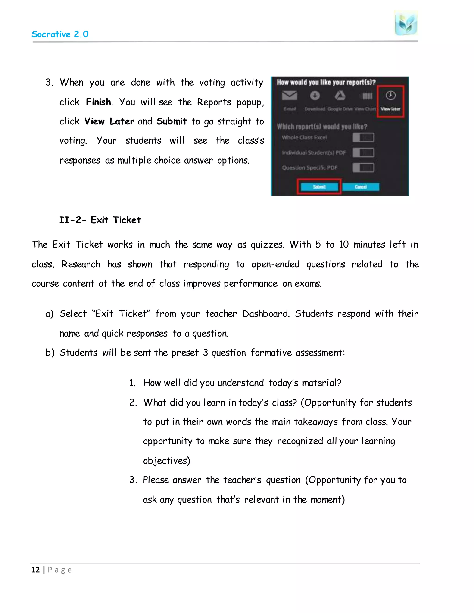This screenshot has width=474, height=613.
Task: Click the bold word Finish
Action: click(98, 102)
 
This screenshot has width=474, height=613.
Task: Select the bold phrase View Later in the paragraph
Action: click(109, 121)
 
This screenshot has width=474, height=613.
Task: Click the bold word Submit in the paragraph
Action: click(171, 121)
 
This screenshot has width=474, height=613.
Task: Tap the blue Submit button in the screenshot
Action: click(319, 187)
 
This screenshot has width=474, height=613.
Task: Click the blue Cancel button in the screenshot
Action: click(361, 187)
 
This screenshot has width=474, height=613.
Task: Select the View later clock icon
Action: click(390, 96)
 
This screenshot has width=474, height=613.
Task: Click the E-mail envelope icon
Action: click(290, 96)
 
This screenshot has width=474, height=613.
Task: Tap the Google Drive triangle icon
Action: click(340, 96)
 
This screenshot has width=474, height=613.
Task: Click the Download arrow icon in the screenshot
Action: click(315, 96)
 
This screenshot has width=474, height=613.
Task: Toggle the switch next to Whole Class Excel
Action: click(363, 138)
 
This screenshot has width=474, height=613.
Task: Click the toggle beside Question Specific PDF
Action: click(363, 167)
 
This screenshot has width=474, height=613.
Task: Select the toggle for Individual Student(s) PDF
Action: click(363, 153)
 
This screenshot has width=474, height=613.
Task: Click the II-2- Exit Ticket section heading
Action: click(100, 220)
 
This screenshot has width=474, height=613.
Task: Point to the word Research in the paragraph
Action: click(81, 264)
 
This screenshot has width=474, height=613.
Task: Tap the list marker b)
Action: click(50, 353)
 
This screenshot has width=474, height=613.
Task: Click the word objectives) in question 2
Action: click(166, 461)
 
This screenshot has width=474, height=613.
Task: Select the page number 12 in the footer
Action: click(36, 570)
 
